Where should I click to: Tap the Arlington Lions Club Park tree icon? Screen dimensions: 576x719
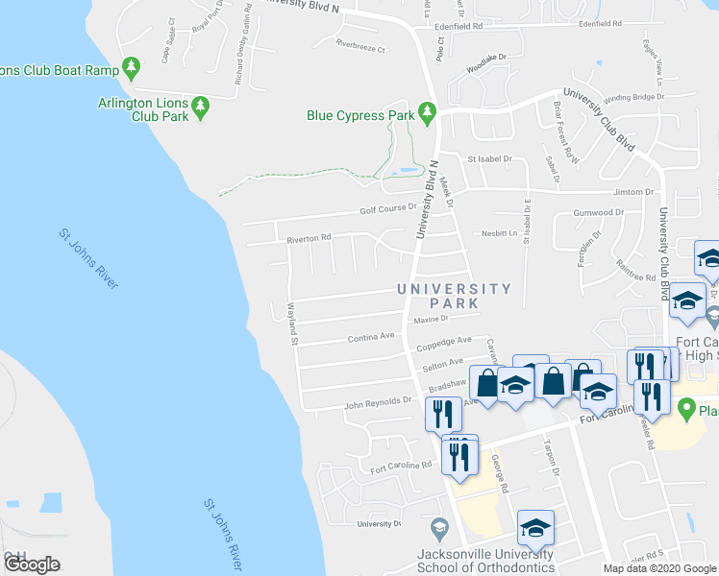[x=201, y=108]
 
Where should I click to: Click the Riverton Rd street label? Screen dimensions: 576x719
[x=309, y=237]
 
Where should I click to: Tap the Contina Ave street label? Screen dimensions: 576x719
[x=372, y=337]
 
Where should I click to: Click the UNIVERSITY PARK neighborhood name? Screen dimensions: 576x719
[x=455, y=296]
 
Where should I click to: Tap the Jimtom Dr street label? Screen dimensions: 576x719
[x=633, y=192]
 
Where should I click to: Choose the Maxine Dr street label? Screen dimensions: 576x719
[x=431, y=319]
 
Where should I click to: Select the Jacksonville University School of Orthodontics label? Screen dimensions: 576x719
[x=484, y=561]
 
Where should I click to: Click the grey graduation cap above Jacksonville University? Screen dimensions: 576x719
[x=438, y=529]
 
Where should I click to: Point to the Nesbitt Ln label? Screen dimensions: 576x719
[x=500, y=232]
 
